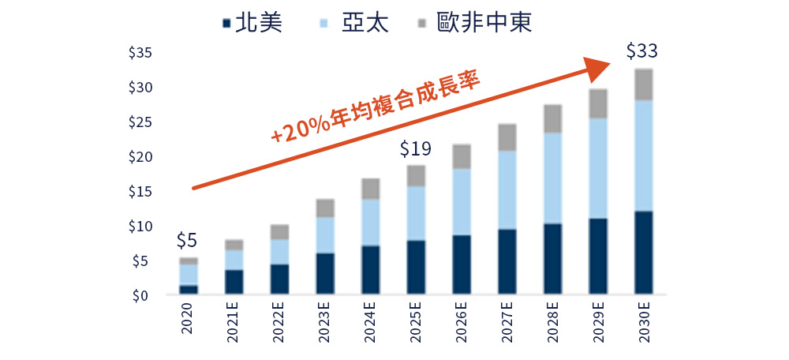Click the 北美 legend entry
click(x=253, y=21)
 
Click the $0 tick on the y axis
click(x=143, y=296)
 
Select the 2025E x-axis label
click(x=415, y=322)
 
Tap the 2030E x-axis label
click(x=643, y=322)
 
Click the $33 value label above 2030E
click(x=641, y=51)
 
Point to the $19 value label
click(x=415, y=148)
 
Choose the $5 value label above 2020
click(x=186, y=240)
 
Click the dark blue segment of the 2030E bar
click(x=644, y=253)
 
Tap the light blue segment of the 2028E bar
click(x=552, y=178)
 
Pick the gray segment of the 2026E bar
click(x=462, y=156)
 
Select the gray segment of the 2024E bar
click(x=370, y=189)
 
